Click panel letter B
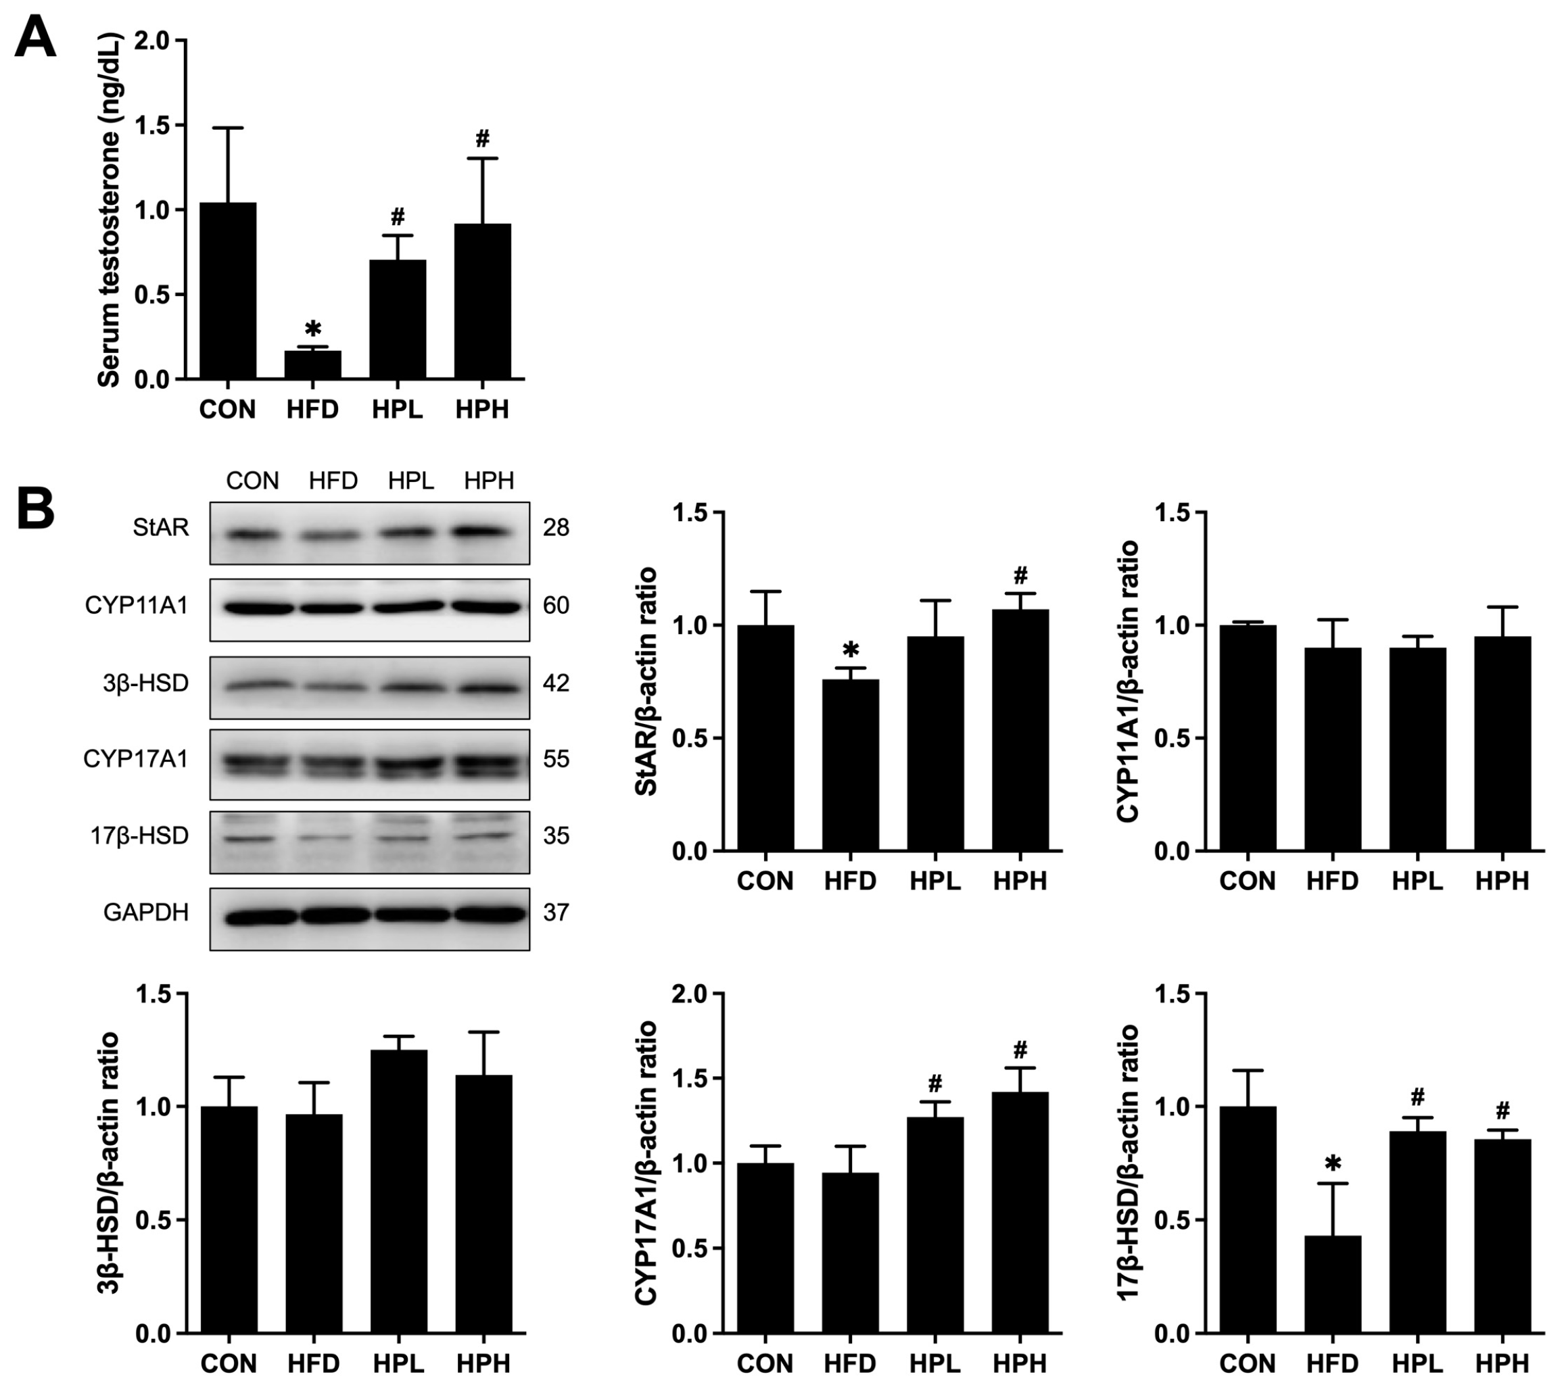35,509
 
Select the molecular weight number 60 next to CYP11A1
556,606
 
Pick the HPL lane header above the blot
411,481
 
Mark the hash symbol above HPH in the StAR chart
1020,575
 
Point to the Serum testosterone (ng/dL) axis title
110,210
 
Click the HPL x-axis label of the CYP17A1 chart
935,1362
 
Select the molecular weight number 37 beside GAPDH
556,912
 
